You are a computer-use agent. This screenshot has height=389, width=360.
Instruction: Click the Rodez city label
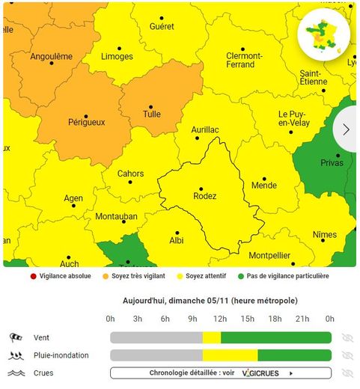(x=204, y=197)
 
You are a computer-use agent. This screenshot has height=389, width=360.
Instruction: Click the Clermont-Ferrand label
(x=244, y=61)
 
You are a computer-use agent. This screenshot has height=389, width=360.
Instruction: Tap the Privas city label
(x=332, y=164)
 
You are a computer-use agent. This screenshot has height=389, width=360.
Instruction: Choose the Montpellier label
(x=269, y=255)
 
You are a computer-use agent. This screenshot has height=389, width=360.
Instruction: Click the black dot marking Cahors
(x=130, y=182)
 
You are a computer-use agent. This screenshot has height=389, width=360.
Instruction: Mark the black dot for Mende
(x=264, y=179)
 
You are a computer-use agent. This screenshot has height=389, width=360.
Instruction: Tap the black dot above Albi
(x=177, y=233)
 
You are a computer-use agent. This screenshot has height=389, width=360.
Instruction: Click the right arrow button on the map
(x=346, y=129)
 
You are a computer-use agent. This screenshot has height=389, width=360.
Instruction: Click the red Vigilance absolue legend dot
(x=34, y=276)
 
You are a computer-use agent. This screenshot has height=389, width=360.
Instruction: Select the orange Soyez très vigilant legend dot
(x=106, y=276)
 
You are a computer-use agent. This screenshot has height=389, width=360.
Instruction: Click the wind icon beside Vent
(x=16, y=337)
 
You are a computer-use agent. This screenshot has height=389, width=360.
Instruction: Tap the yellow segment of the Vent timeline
(x=212, y=337)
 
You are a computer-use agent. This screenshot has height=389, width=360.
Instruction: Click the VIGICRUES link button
(x=221, y=373)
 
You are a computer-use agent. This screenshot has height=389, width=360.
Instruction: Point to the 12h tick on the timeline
(x=221, y=319)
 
